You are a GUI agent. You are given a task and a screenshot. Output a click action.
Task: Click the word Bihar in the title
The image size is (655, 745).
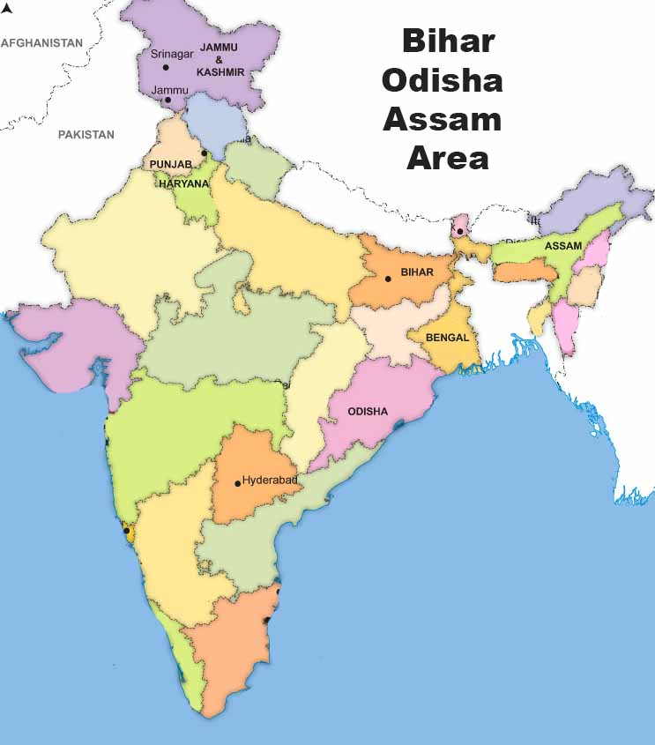[x=447, y=41]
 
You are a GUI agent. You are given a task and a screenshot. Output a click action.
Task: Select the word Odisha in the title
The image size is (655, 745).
[x=442, y=80]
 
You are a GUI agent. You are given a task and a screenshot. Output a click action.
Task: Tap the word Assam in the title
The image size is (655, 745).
[x=442, y=119]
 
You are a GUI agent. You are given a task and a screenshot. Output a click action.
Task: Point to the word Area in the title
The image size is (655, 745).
[x=447, y=159]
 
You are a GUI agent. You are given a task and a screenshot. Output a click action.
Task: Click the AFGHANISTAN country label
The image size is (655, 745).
[x=41, y=42]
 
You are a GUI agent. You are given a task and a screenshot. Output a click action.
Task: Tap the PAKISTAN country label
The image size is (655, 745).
[x=86, y=135]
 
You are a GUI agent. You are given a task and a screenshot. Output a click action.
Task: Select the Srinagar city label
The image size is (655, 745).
[x=171, y=54]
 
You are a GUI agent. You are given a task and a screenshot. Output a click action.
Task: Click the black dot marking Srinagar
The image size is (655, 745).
[x=165, y=67]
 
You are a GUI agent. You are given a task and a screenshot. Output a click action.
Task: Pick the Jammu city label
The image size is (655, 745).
[x=168, y=90]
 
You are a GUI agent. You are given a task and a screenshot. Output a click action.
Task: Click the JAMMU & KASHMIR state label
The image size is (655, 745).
[x=221, y=58]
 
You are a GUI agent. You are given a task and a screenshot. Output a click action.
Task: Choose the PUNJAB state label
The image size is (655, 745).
[x=170, y=164]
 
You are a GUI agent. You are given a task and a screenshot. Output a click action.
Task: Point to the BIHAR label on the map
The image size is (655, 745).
[x=417, y=272]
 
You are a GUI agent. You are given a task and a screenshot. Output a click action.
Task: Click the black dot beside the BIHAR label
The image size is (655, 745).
[x=387, y=279]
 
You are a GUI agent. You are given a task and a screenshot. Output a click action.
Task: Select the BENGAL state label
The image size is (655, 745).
[x=447, y=337]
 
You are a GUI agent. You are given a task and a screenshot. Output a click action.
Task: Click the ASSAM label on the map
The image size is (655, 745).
[x=563, y=245]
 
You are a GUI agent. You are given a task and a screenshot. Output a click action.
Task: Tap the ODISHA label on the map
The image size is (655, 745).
[x=368, y=411]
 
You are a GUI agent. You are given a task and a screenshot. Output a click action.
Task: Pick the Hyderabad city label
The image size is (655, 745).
[x=270, y=481]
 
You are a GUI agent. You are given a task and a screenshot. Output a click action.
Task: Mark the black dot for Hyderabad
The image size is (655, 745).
[x=237, y=483]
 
